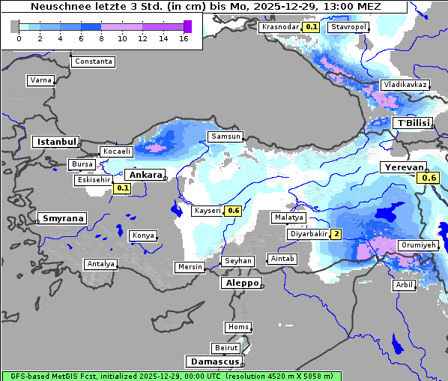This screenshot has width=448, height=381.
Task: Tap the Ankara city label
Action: coord(145,175)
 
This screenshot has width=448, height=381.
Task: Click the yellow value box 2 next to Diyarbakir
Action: coord(336,234)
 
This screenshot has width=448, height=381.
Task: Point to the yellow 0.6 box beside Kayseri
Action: coord(234,211)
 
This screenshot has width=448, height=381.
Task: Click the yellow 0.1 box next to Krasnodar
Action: coord(311,27)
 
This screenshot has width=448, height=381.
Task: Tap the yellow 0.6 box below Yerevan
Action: coord(429,178)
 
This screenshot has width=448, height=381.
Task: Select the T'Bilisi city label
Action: coord(413,123)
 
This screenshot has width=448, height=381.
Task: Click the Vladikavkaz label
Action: coord(405,85)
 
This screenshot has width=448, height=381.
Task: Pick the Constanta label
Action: coord(94,61)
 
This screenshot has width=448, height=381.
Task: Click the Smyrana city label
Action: coord(63,218)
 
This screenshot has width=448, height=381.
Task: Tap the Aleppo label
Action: coord(240,283)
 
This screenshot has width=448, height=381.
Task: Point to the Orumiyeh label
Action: coord(417,245)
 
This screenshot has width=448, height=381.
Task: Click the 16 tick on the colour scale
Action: coord(184,38)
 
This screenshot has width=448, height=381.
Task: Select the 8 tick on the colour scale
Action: coord(102,38)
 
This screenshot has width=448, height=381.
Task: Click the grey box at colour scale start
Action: coord(15,26)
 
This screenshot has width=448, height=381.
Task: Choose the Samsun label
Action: coord(225,136)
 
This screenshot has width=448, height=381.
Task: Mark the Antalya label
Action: coord(100,264)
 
